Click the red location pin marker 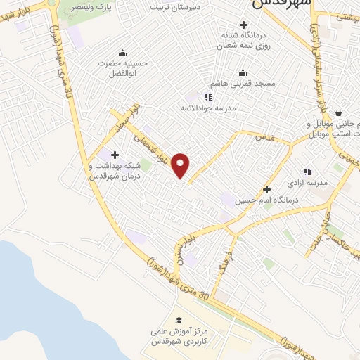coord(181,165)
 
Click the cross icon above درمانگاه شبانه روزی coord(243,25)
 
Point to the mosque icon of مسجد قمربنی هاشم coord(243,72)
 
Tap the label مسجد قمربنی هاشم coord(245,84)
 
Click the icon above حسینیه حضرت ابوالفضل coord(123,52)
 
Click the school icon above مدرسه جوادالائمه coord(207,97)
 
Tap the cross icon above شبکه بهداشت coord(115,155)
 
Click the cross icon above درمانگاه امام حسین coord(266,189)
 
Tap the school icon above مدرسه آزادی coord(307,172)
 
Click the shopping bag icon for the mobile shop coord(339,112)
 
